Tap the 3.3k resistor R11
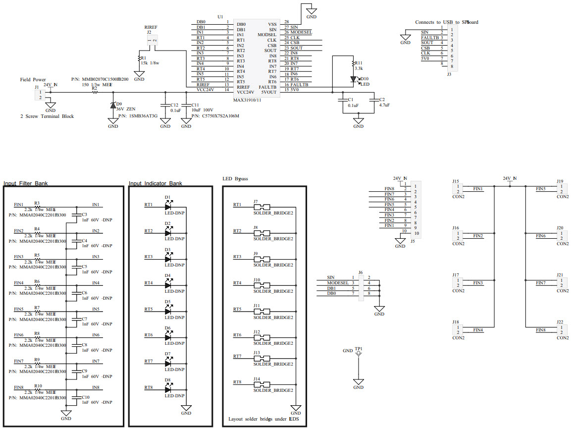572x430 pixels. tap(352, 65)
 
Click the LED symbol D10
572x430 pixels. tap(353, 79)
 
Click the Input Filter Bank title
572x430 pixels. tap(26, 183)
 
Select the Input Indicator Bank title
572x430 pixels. tap(155, 183)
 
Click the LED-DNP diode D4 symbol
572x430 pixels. tap(168, 285)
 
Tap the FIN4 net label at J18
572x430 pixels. tap(478, 329)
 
